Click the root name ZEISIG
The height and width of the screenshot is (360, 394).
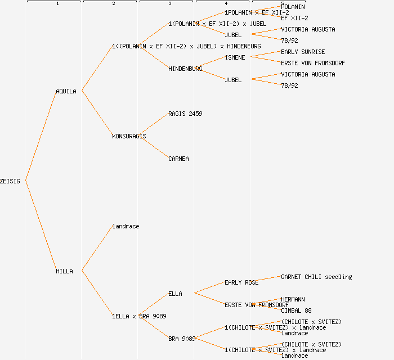click(x=10, y=181)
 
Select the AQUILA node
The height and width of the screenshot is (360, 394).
click(x=66, y=91)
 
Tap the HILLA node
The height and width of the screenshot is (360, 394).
click(x=64, y=271)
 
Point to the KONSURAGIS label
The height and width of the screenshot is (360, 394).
click(x=129, y=136)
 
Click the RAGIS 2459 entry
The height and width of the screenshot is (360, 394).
click(x=185, y=114)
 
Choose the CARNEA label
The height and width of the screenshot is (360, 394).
click(x=178, y=159)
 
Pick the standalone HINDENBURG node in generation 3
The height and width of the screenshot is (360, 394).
click(x=185, y=69)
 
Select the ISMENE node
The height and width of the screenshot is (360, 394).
click(x=235, y=57)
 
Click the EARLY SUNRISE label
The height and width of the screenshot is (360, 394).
click(x=303, y=52)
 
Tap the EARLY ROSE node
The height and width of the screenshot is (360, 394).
click(x=241, y=282)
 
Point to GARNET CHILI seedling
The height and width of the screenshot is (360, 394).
click(x=316, y=277)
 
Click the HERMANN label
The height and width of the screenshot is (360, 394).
click(x=293, y=299)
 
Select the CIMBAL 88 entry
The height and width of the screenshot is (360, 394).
click(x=296, y=310)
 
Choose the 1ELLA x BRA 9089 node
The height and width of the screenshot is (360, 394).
click(x=139, y=316)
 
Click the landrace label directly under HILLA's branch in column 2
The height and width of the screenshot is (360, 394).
click(x=126, y=226)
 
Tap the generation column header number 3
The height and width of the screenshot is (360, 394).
click(x=170, y=4)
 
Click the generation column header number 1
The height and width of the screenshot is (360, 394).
click(x=57, y=4)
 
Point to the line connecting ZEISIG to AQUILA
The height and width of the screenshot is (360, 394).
click(x=40, y=136)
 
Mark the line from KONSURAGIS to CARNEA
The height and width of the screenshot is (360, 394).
click(x=153, y=147)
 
